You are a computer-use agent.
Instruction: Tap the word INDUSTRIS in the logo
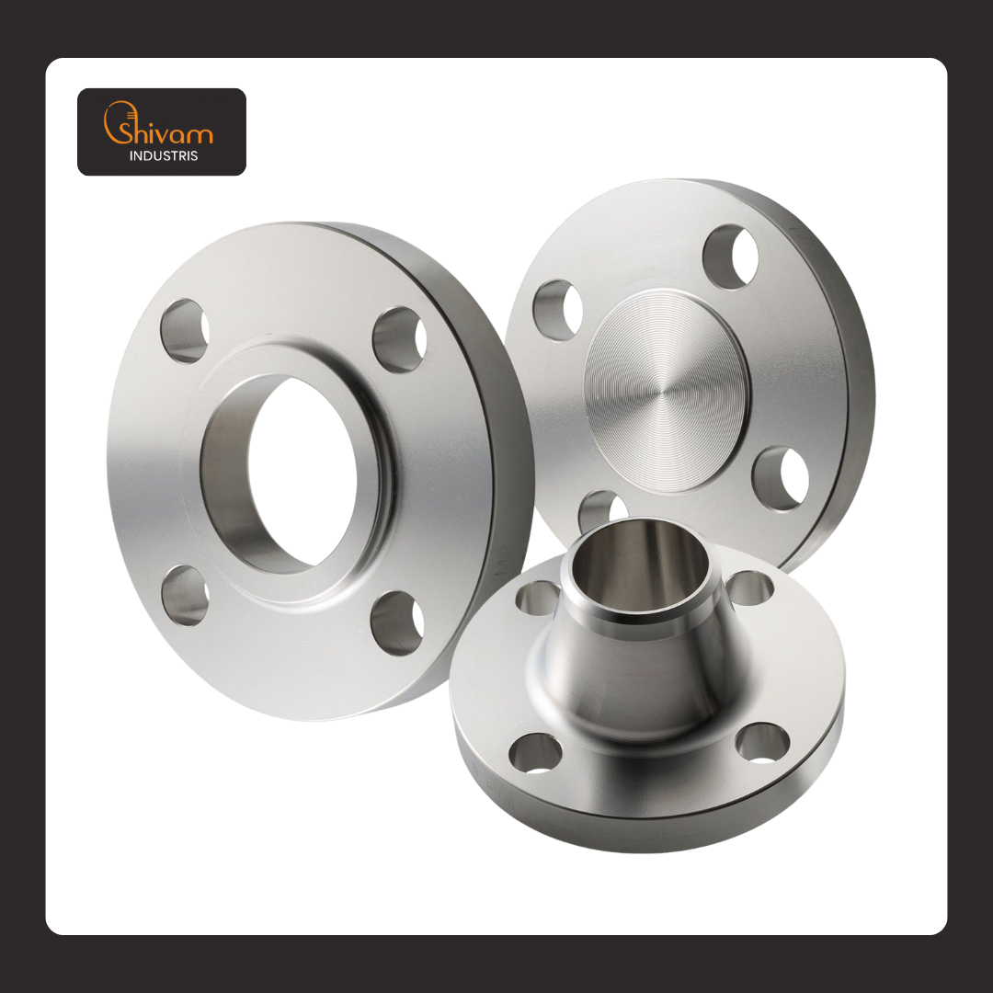point(164,155)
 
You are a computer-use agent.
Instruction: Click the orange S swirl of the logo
point(114,122)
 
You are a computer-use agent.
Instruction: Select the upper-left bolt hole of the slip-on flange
point(184,331)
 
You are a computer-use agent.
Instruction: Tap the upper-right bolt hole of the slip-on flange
point(399,340)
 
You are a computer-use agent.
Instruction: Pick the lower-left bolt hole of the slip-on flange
point(185,595)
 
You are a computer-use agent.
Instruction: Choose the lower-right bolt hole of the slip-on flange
point(397,623)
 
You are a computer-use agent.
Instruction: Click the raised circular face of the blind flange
point(667,391)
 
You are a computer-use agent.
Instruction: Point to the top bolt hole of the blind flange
point(730,257)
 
